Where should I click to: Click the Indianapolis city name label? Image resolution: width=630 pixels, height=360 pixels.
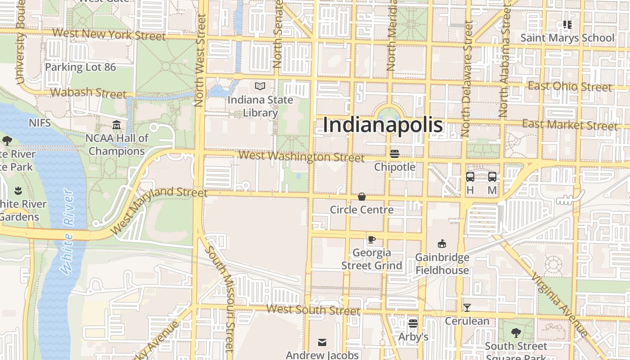pos(383,125)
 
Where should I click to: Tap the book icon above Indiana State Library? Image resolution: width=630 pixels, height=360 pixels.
pos(260,86)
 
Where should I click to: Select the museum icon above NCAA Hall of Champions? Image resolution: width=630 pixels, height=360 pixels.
pos(117,124)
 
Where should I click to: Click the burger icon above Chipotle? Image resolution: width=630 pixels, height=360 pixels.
pos(395,154)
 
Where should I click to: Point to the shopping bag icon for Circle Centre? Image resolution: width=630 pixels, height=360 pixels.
pos(361,197)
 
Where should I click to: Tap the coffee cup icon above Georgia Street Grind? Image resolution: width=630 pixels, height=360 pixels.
pos(371,239)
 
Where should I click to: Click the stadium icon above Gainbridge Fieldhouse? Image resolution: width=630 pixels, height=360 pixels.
pos(442,244)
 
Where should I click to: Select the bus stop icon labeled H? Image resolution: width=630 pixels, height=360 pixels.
pos(470,177)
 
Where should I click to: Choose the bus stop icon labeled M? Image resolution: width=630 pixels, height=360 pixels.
pos(492,177)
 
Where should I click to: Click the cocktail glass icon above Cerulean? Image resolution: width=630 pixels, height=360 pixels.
pos(467,308)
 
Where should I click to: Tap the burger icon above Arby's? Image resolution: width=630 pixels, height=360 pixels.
pos(413,324)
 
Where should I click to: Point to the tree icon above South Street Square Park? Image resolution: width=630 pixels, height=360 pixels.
pos(516,333)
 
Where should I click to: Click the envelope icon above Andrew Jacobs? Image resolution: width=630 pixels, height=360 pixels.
pos(322,342)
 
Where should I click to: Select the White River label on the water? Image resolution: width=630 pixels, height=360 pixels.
pos(67,232)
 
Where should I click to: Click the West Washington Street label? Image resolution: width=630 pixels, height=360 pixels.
pos(301,157)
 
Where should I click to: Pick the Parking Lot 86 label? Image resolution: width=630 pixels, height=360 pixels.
pos(81,67)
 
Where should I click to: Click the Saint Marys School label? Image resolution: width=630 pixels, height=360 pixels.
pos(567,38)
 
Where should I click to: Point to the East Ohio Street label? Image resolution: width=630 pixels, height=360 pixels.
pos(570,86)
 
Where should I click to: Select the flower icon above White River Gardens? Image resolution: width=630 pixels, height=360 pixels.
pos(18,190)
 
